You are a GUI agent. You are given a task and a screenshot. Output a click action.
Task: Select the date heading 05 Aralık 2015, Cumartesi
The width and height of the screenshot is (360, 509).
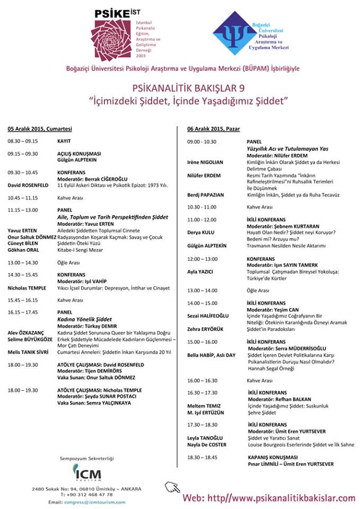(40, 129)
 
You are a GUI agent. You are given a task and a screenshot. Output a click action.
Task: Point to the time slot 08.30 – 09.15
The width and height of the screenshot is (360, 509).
(23, 141)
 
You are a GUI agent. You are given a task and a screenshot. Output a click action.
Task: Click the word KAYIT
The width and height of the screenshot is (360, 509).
(64, 141)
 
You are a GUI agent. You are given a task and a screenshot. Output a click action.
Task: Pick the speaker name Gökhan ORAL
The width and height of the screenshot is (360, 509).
(22, 249)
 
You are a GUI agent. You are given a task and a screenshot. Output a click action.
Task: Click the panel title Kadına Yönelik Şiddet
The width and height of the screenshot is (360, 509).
(84, 320)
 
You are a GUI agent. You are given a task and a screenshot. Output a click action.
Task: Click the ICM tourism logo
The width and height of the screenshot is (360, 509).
(87, 472)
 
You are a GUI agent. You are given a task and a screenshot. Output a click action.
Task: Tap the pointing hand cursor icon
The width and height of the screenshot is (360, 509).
(172, 488)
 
